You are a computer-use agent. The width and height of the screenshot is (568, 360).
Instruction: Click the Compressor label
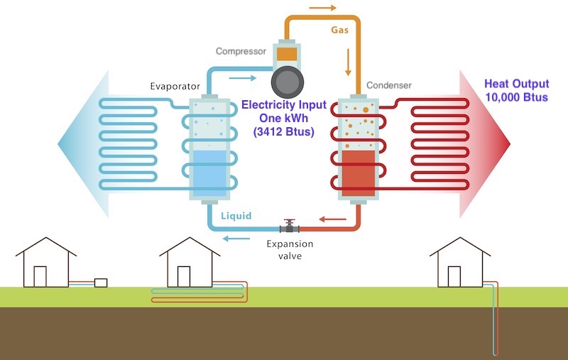coord(240,52)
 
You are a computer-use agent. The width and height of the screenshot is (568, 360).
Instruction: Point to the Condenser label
coord(389,86)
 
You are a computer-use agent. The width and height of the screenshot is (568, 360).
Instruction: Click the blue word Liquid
coord(236,215)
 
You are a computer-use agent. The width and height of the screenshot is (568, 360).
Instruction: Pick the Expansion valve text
coord(289,249)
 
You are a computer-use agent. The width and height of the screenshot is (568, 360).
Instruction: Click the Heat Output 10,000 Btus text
coord(516,90)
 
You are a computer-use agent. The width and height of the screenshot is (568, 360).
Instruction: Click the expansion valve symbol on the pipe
coord(289,227)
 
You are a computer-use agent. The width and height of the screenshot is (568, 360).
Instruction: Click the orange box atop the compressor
coord(287,53)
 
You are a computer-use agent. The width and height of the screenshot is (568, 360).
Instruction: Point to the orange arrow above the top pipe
coord(324,9)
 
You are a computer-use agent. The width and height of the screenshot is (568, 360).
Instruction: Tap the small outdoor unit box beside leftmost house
coord(100,283)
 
